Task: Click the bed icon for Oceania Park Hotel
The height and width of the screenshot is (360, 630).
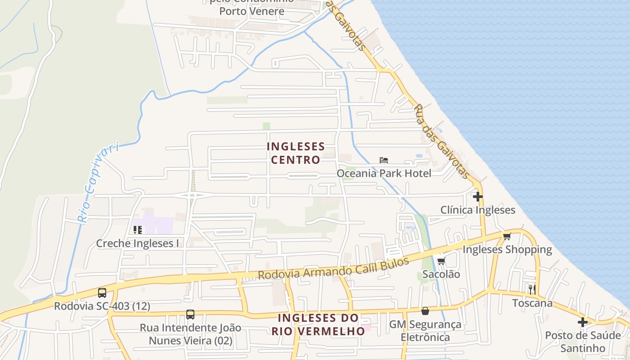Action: click(x=384, y=160)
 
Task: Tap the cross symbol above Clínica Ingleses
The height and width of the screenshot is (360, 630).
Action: click(x=477, y=197)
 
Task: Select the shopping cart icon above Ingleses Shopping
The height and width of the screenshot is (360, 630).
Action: click(x=507, y=236)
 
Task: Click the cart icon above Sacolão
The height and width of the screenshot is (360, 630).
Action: click(x=441, y=261)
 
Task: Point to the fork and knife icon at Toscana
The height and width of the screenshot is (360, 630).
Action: click(x=532, y=289)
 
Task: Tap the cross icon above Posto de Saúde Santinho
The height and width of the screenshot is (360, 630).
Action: click(x=583, y=322)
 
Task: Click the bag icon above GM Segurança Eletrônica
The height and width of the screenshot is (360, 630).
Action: click(x=425, y=311)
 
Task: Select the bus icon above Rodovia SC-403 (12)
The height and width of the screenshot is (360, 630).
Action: click(x=102, y=293)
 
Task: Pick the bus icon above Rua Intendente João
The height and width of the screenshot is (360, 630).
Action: click(x=190, y=315)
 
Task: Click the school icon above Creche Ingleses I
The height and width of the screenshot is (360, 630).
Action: click(x=138, y=230)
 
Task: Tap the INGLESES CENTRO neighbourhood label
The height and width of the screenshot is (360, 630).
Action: click(x=296, y=153)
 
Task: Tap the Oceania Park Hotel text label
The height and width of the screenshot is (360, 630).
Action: click(x=384, y=173)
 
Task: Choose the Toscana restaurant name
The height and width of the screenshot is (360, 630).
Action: click(x=532, y=303)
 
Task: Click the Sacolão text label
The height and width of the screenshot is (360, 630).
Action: click(x=441, y=274)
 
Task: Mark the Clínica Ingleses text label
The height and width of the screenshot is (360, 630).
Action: click(x=477, y=210)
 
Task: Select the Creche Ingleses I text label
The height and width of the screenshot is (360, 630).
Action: click(x=138, y=243)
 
